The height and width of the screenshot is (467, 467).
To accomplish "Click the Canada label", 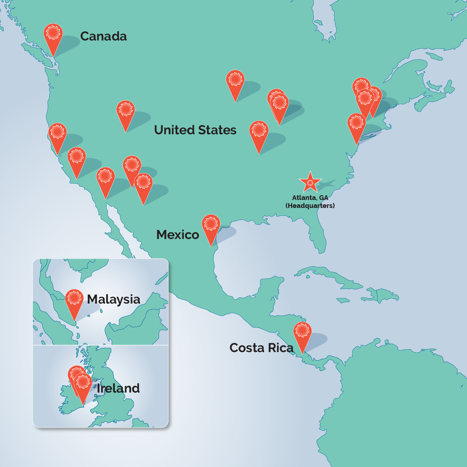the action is (103, 36).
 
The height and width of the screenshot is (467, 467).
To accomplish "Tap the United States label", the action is (195, 130).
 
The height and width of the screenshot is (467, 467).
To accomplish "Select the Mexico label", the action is (178, 235).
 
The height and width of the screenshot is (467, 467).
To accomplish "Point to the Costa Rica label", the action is (261, 348).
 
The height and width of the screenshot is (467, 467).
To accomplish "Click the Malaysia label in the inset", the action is (113, 300).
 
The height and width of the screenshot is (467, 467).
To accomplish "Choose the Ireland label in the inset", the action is (118, 388).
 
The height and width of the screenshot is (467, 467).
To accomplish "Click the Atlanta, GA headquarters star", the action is (310, 182).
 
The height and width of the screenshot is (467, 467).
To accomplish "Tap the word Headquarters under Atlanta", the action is (310, 206).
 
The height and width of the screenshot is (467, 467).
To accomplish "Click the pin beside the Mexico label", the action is (211, 226).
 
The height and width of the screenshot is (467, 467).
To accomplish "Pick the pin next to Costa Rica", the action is (302, 333).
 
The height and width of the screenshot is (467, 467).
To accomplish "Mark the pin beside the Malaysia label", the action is (74, 301).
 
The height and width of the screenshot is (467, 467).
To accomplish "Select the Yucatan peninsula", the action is (272, 288).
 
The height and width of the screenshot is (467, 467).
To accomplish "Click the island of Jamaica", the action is (343, 301).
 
